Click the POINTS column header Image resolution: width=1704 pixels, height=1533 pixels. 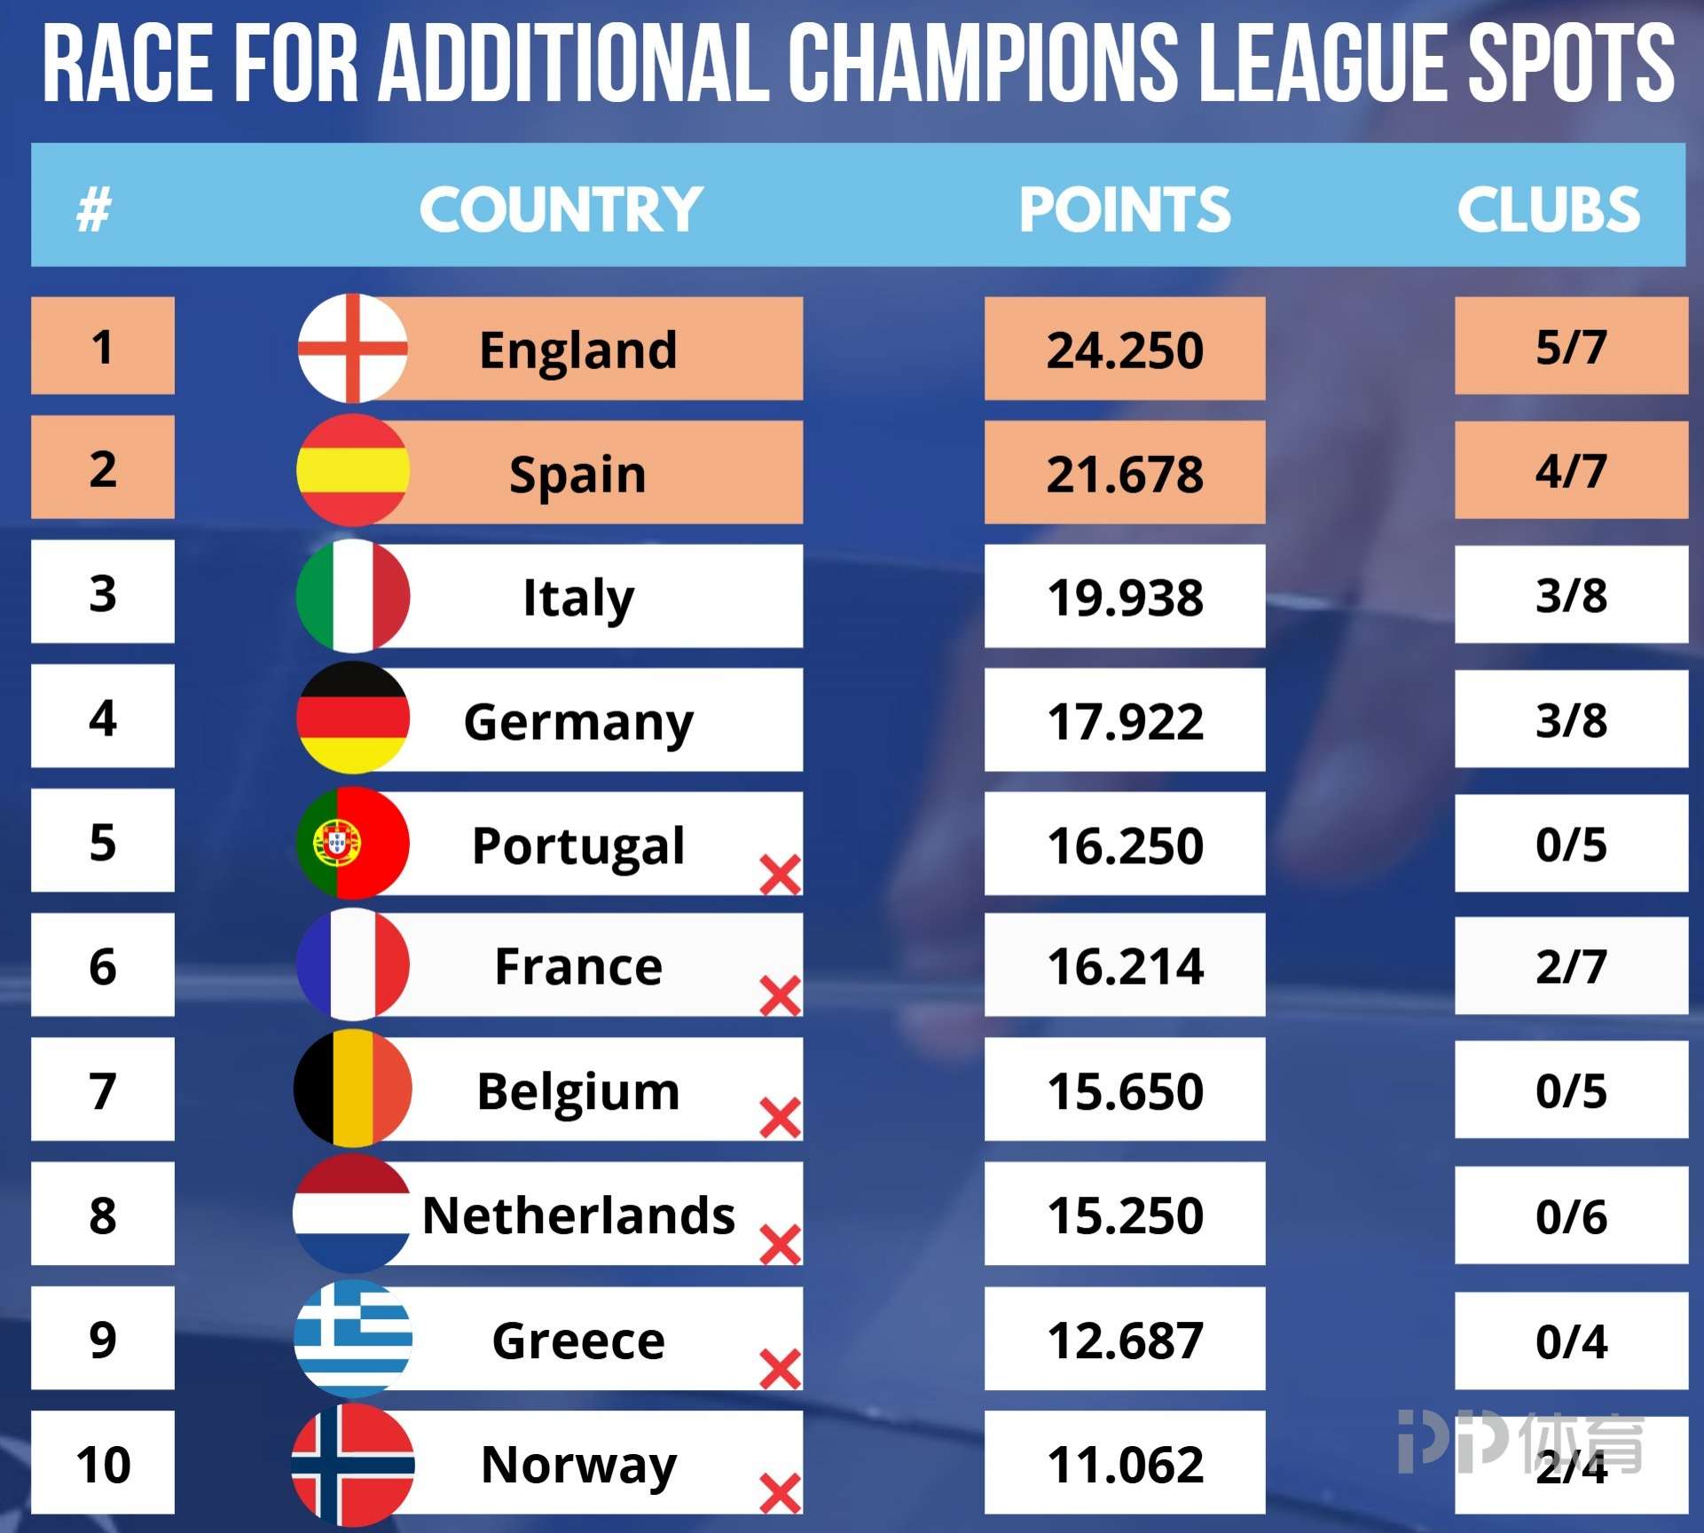1125,209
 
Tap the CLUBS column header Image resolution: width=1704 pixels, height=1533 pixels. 1549,209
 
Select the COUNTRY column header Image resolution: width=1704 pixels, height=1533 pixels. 561,209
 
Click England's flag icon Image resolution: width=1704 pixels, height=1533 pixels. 353,348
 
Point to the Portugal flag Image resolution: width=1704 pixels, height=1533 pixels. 353,843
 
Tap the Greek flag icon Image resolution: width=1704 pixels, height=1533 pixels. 353,1338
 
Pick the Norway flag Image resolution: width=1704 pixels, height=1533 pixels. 353,1464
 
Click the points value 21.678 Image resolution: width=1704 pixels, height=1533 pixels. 1125,473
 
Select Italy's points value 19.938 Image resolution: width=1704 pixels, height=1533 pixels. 1125,596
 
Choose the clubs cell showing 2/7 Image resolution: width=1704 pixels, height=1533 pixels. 1571,965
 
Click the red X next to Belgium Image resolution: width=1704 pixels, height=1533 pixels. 781,1117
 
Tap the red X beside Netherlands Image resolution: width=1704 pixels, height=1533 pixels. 781,1244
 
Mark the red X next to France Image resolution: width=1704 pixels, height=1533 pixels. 781,995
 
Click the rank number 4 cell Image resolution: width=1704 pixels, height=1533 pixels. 103,717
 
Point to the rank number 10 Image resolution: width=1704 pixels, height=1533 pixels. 103,1464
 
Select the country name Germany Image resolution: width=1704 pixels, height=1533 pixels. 578,721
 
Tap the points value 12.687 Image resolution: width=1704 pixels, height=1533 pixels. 1125,1340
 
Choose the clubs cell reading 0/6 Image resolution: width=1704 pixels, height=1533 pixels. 1571,1215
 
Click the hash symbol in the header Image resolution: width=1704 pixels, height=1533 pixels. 94,210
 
